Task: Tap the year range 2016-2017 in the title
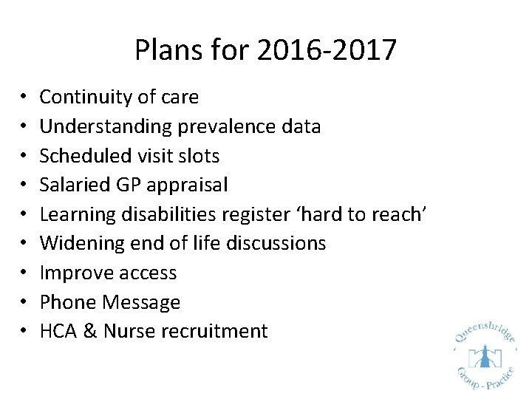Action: point(327,51)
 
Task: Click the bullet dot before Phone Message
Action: point(24,302)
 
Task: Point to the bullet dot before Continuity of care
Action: point(24,98)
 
